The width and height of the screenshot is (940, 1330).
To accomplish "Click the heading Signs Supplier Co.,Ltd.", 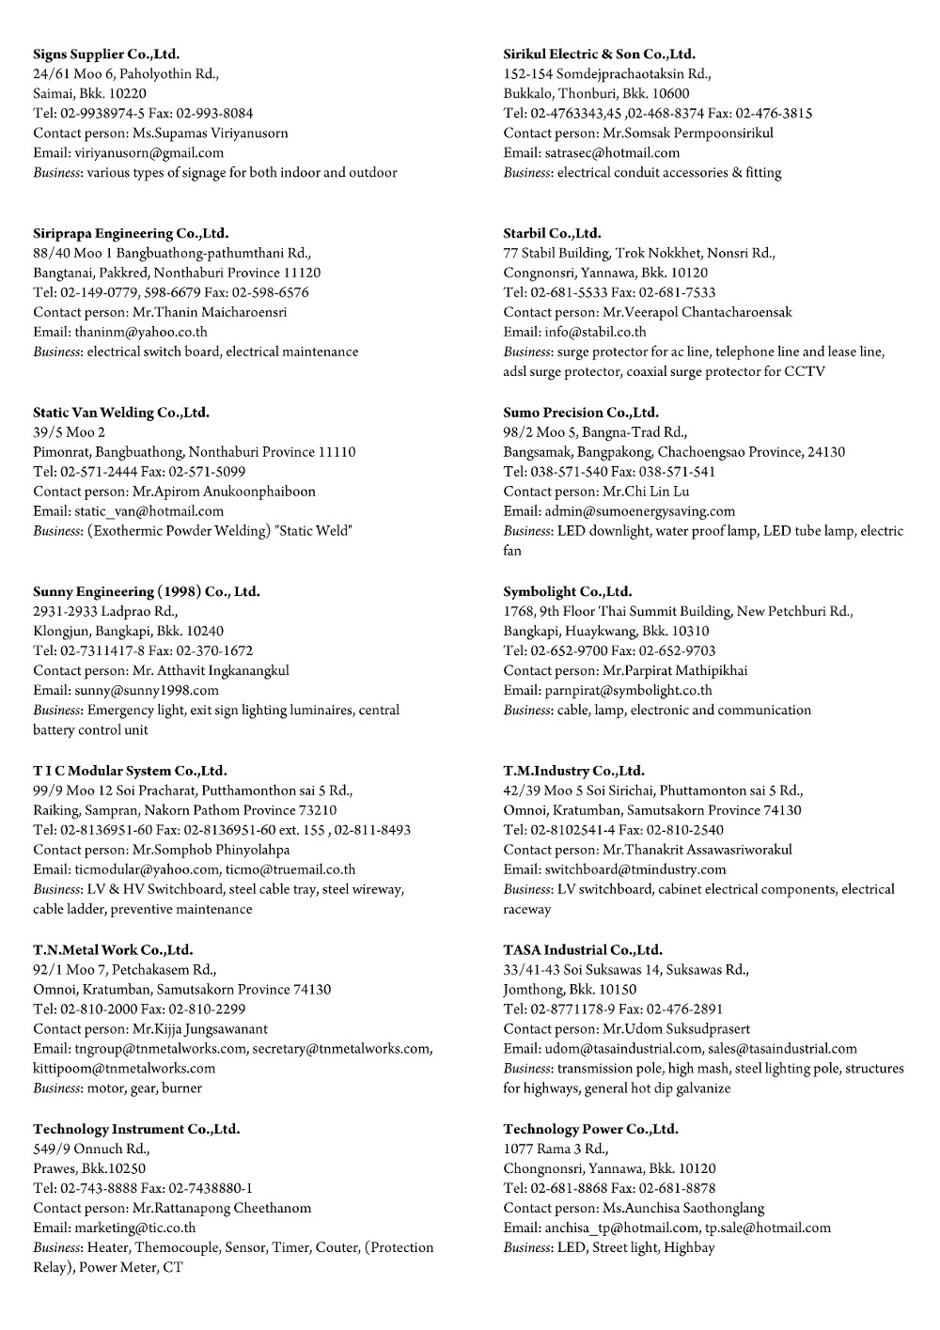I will pyautogui.click(x=106, y=54).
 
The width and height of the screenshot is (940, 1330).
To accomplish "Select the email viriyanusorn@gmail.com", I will pyautogui.click(x=149, y=152).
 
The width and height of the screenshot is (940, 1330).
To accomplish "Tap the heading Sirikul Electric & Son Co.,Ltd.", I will pyautogui.click(x=599, y=54).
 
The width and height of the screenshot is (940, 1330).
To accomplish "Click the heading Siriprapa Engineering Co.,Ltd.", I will pyautogui.click(x=131, y=232).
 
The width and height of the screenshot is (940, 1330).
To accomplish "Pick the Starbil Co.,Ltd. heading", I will pyautogui.click(x=552, y=232).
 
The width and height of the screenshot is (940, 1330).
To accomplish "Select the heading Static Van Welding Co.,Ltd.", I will pyautogui.click(x=121, y=412).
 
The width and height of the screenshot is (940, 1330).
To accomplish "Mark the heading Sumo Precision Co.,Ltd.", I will pyautogui.click(x=581, y=412).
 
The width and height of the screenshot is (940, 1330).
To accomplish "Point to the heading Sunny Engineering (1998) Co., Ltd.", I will pyautogui.click(x=147, y=591).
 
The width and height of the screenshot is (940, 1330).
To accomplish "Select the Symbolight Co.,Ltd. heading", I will pyautogui.click(x=568, y=591).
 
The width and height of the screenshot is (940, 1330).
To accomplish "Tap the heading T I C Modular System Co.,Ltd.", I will pyautogui.click(x=130, y=771).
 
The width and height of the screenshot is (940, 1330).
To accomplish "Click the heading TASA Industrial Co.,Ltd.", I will pyautogui.click(x=583, y=949).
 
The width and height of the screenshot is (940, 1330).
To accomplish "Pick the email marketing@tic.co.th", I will pyautogui.click(x=135, y=1228).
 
